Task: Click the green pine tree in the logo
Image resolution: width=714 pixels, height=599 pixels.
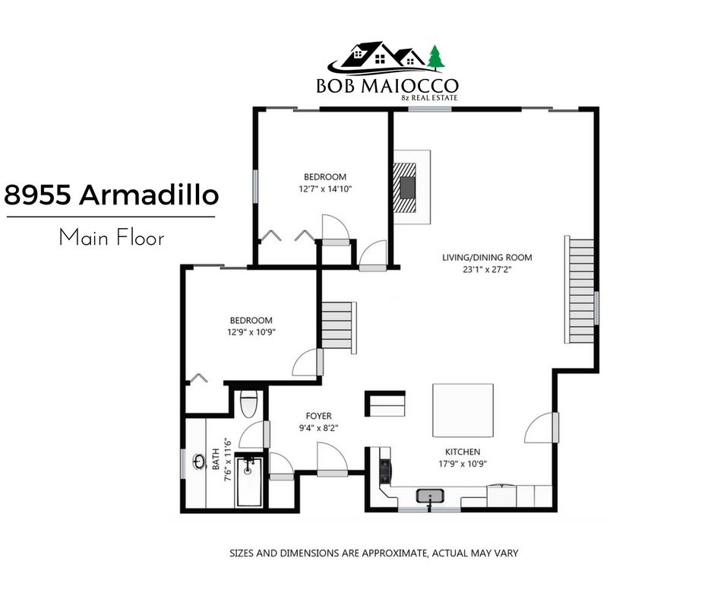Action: coord(436,58)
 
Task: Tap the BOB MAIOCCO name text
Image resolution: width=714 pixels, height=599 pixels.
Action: coord(387,86)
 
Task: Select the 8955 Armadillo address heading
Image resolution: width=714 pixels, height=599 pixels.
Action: coord(112,195)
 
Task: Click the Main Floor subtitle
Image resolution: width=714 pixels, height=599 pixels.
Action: coord(112,237)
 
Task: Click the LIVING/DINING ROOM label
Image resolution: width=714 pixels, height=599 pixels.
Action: coord(487,257)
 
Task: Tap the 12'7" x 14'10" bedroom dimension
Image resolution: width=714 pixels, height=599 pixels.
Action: coord(325,189)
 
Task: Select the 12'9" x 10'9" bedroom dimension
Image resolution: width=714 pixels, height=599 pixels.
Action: coord(251,332)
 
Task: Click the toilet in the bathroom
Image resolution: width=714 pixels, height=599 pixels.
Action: coord(248,404)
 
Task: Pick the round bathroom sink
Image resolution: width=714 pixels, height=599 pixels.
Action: coord(198,461)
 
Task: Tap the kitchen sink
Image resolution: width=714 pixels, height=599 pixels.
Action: coord(431,496)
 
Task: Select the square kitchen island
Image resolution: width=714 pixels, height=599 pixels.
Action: coord(463,410)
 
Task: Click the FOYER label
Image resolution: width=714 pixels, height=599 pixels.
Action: coord(319,416)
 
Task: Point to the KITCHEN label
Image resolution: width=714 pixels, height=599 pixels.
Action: coord(463,452)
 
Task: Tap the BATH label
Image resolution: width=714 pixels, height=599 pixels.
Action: coord(216,459)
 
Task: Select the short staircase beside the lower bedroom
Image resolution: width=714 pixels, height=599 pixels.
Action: coord(339,327)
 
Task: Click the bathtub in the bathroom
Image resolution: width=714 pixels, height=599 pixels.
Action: coord(248,482)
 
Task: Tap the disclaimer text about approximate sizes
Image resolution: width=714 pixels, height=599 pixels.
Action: coord(374,553)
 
